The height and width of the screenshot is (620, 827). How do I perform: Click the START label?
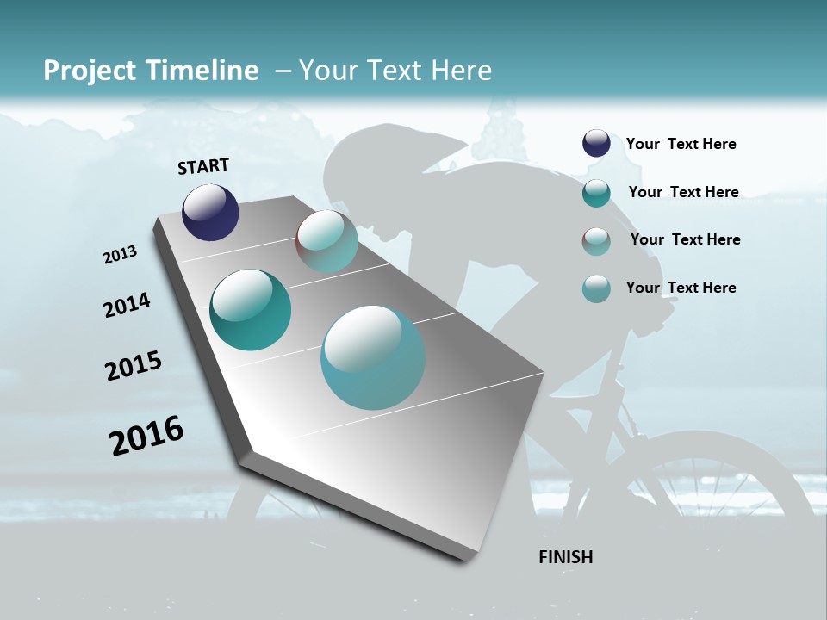[203, 166]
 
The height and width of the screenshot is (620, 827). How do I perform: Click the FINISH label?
[565, 557]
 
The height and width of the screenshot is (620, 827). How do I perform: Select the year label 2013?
[120, 255]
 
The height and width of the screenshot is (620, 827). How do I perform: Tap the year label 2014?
[127, 306]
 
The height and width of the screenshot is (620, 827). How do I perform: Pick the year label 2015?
[133, 366]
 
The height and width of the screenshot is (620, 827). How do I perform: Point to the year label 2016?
[146, 435]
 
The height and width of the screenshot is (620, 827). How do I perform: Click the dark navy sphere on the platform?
[210, 212]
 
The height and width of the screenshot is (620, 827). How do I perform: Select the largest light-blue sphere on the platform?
[373, 356]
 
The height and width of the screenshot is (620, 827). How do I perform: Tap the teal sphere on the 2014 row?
[250, 310]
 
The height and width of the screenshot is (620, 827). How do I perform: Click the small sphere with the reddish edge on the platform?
[327, 241]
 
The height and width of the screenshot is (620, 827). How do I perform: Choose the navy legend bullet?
[596, 144]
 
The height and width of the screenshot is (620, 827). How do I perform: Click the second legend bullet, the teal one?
[596, 193]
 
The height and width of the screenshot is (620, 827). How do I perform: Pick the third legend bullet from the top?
[596, 241]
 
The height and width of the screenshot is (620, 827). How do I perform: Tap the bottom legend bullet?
[596, 288]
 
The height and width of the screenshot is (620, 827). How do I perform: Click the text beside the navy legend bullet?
[681, 145]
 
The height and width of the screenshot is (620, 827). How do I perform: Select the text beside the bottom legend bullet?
[681, 288]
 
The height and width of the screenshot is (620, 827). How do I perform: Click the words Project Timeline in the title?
[151, 71]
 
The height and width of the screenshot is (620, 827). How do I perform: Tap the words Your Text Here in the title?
[395, 71]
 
